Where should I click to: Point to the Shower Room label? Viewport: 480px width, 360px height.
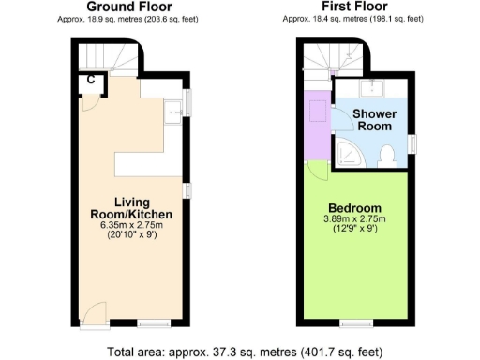coord(375,120)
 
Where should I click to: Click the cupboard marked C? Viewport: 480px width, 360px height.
coord(90,80)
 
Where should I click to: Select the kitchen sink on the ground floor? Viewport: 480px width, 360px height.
coord(172,114)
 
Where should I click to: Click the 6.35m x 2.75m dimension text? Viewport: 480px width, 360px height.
coord(132,224)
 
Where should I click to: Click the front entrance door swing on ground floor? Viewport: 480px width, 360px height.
coord(92,314)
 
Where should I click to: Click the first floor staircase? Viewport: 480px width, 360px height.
coord(333,58)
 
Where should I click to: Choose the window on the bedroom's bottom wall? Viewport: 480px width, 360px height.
coord(353,323)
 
